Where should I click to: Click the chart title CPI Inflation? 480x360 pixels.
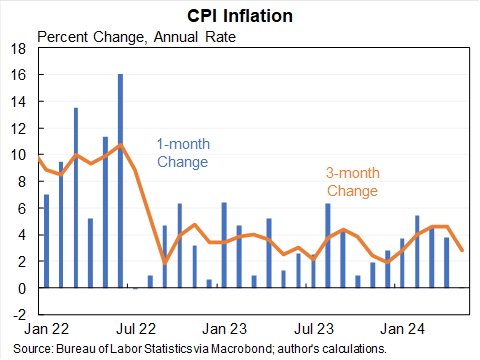click(240, 16)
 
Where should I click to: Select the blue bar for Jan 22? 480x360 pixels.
click(46, 241)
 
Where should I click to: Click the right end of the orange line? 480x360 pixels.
click(461, 250)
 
